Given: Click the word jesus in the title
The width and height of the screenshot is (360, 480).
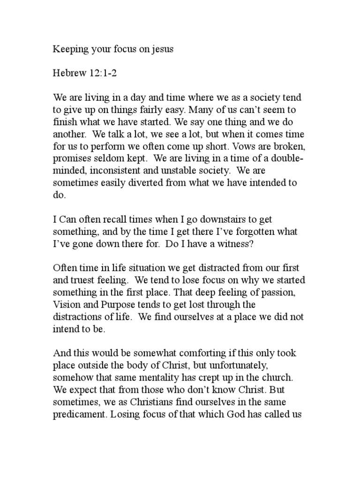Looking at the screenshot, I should [x=161, y=49].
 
